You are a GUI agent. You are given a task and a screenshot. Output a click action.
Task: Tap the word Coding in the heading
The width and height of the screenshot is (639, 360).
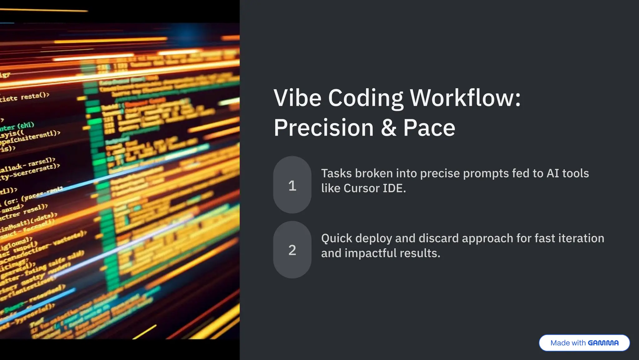(x=365, y=99)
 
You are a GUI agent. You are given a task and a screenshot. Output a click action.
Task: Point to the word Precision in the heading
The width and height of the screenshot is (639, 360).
(x=324, y=128)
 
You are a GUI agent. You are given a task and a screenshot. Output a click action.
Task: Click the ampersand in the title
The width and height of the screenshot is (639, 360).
(x=388, y=128)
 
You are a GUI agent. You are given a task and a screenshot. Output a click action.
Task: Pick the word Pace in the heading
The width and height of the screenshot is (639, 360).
(x=429, y=128)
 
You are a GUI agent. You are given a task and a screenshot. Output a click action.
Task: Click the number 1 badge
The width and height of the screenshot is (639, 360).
(x=292, y=185)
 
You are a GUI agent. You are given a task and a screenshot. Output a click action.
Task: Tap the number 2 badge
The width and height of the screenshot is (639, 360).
(x=292, y=250)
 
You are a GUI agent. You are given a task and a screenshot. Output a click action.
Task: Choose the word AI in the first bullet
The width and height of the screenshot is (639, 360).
(x=553, y=173)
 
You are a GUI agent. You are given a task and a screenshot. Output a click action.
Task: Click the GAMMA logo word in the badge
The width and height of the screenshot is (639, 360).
(x=603, y=343)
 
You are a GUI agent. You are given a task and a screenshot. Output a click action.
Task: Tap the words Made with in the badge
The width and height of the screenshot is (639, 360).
(x=568, y=343)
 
